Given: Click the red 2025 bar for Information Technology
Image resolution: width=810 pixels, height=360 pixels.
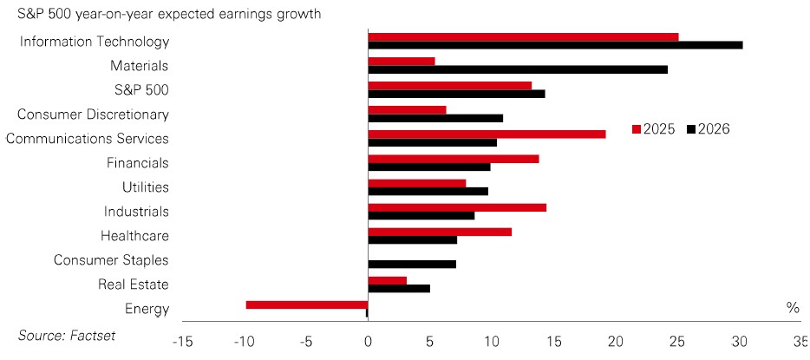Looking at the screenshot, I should (523, 37).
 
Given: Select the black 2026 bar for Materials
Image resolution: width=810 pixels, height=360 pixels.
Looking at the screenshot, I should (518, 69).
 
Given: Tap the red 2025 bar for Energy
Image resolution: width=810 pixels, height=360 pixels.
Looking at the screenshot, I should (307, 304).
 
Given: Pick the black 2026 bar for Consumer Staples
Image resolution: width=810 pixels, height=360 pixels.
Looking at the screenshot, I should (412, 264).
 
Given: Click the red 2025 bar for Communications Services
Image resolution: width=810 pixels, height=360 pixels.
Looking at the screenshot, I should (487, 134).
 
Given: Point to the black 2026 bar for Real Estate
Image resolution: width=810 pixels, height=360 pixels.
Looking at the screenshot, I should (399, 288).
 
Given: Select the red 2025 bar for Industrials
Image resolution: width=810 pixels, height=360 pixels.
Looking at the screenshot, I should (457, 207).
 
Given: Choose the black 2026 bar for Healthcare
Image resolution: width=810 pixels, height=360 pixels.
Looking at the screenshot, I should (412, 239).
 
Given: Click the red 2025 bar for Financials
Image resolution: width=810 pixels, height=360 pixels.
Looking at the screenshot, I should (454, 159).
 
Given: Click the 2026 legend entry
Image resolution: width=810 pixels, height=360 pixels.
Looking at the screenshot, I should (709, 129).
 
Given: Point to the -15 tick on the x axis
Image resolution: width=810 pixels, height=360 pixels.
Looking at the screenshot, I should (182, 341).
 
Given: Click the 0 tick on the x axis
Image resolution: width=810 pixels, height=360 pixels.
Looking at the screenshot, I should (368, 341).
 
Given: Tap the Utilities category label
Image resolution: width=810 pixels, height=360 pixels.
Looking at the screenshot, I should (146, 187).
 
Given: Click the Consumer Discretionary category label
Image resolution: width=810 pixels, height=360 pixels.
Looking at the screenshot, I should (93, 114).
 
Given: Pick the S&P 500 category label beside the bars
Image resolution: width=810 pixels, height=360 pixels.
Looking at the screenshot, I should (141, 89).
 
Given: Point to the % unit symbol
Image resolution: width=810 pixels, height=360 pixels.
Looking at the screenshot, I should (793, 307).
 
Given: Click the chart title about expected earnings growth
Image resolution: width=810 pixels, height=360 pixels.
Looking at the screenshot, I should (163, 14).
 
